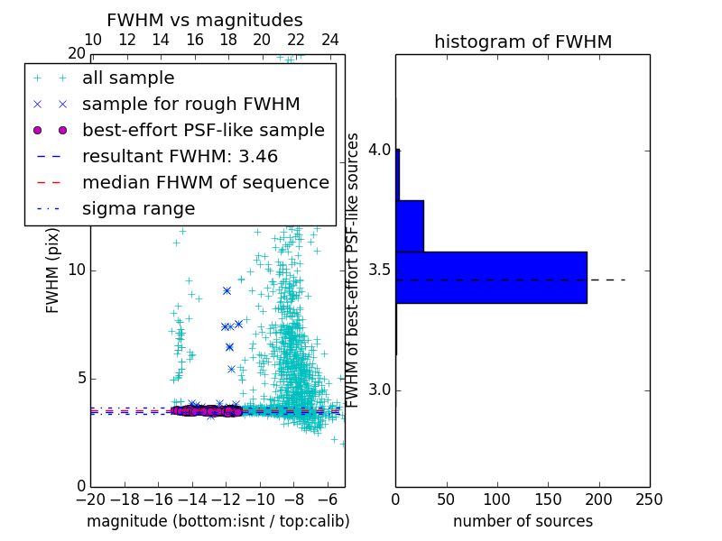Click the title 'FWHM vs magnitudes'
tap(205, 20)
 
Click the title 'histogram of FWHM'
tap(523, 41)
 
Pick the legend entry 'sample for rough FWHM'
tap(190, 105)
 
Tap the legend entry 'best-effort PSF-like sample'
tap(203, 131)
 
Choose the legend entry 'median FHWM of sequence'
tap(205, 183)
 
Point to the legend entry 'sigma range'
tap(138, 209)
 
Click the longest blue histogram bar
tap(491, 278)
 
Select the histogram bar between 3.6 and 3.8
tap(410, 225)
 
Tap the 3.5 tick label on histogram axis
tap(378, 270)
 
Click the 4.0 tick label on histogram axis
tap(378, 150)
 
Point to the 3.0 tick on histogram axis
tap(378, 390)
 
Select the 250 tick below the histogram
tap(650, 499)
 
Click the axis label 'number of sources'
tap(523, 521)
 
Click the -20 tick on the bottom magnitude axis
tap(90, 499)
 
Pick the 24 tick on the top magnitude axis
tap(330, 40)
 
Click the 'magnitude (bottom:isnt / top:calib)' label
tap(218, 521)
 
